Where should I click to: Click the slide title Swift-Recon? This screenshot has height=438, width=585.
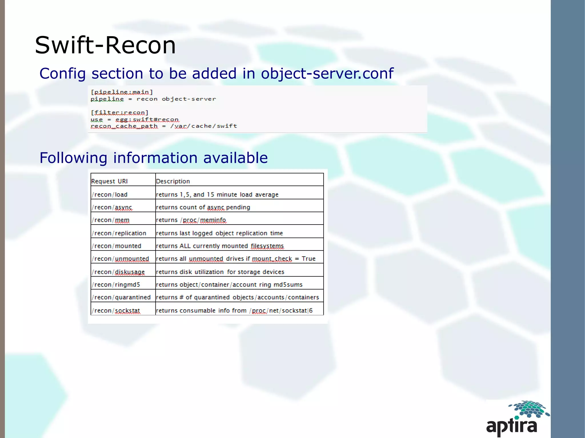point(105,45)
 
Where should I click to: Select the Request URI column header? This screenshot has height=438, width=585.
point(109,181)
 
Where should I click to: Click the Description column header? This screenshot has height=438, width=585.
point(173,181)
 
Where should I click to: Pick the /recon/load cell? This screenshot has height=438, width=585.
point(110,195)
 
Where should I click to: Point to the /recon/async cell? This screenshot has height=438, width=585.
point(112,207)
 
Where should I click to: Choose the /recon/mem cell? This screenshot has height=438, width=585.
point(111,220)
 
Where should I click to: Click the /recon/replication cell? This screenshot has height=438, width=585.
point(119,233)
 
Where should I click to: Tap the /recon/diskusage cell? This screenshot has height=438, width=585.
point(118,272)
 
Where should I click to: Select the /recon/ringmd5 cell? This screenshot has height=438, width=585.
point(116,284)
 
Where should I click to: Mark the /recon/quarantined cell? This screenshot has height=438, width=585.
point(121,297)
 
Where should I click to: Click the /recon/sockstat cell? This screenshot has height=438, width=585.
point(116,310)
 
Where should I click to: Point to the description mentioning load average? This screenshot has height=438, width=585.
point(217,195)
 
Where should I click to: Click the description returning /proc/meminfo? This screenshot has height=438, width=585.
point(191,220)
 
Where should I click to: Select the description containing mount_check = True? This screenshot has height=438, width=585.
point(236,259)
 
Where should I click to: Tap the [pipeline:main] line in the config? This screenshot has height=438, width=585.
point(122,92)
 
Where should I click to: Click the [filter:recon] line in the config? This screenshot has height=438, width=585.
point(119,113)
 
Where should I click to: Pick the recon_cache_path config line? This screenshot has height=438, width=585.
point(164,126)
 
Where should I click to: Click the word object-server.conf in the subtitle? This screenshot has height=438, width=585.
point(327,73)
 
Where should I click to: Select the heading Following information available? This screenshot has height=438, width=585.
point(154,158)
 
